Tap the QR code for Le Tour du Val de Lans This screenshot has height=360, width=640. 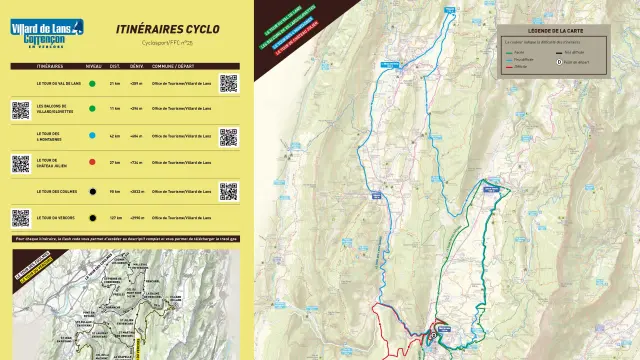229,82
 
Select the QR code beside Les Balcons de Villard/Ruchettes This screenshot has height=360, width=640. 21,109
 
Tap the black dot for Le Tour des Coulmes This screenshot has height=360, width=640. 92,190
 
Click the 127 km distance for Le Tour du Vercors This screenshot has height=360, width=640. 115,217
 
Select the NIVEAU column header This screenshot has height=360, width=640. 93,67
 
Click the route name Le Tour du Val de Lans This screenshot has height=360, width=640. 56,83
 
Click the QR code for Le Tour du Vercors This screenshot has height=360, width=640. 21,217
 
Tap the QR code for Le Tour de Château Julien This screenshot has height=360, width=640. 21,163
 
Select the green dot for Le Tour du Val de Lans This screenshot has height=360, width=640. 92,83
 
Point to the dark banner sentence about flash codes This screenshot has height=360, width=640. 125,239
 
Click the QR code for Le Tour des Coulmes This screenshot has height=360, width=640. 229,190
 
